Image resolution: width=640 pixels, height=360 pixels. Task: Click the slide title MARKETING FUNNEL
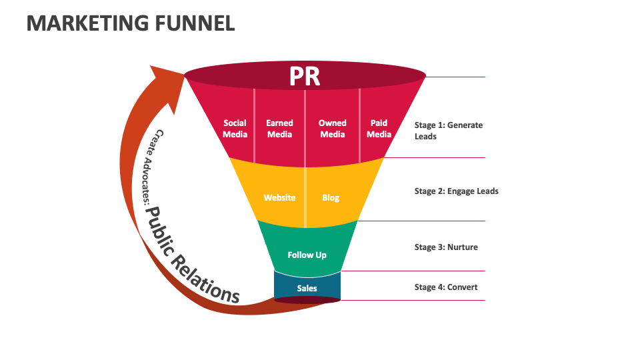[x=131, y=23]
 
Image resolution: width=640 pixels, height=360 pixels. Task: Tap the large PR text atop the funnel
[x=305, y=77]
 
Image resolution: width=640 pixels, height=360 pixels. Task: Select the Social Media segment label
[x=235, y=129]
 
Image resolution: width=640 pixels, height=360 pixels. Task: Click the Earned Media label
[x=279, y=129]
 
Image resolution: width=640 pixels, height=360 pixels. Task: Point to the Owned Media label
[x=332, y=129]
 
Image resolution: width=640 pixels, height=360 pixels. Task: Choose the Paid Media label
[x=379, y=129]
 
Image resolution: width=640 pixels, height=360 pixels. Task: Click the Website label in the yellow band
[x=279, y=198]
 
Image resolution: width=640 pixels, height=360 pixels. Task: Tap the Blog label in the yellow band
[x=331, y=198]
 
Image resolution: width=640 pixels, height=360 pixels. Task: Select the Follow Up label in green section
[x=307, y=255]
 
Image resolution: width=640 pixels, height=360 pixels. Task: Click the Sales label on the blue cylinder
[x=307, y=289]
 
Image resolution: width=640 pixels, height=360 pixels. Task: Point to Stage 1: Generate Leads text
[x=448, y=131]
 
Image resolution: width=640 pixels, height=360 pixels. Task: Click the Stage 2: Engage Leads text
[x=456, y=191]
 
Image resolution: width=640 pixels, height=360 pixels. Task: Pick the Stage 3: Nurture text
[x=446, y=247]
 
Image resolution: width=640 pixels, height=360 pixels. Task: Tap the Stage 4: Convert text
[x=446, y=287]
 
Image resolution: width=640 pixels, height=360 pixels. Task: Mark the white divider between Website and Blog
[x=306, y=197]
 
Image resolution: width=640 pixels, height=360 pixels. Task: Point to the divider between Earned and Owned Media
[x=305, y=127]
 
